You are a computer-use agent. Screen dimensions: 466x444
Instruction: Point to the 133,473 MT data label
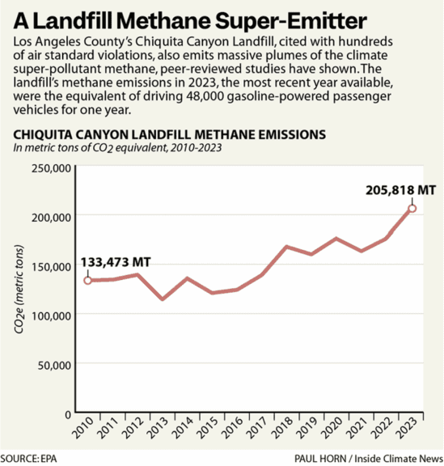tap(116, 263)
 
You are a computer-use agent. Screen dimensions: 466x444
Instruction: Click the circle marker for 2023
tap(412, 208)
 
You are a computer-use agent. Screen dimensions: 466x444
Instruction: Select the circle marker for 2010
tap(88, 280)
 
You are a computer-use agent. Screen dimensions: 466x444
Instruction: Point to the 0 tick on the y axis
tap(69, 413)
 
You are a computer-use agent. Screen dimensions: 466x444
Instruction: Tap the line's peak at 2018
tap(287, 247)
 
